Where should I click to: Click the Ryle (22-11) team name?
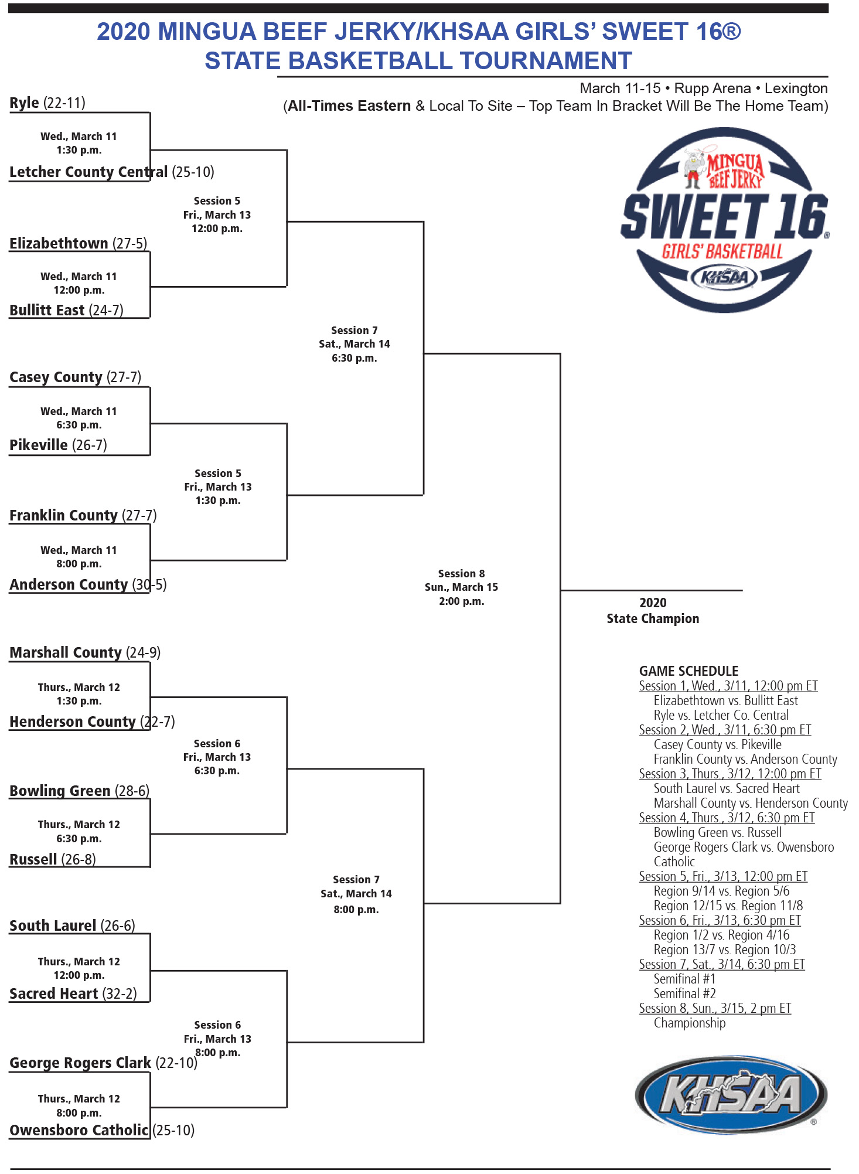(x=47, y=103)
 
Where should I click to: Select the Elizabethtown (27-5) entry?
(x=78, y=243)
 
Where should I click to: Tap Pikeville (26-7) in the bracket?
(x=58, y=445)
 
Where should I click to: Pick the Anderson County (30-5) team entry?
(x=88, y=584)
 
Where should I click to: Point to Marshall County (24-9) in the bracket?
(x=85, y=652)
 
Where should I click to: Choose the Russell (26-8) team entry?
(x=52, y=859)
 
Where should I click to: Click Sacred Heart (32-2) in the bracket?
(x=73, y=993)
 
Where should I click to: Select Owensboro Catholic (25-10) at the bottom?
(x=101, y=1130)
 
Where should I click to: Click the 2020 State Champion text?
(x=652, y=611)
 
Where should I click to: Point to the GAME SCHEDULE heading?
(x=688, y=671)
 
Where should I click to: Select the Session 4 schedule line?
(x=727, y=818)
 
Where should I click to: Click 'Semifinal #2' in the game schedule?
(x=684, y=993)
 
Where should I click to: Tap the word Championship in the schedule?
(x=689, y=1023)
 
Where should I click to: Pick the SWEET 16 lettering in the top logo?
(x=724, y=217)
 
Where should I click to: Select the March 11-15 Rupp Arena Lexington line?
(x=703, y=89)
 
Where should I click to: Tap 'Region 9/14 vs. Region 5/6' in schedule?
(x=721, y=891)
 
